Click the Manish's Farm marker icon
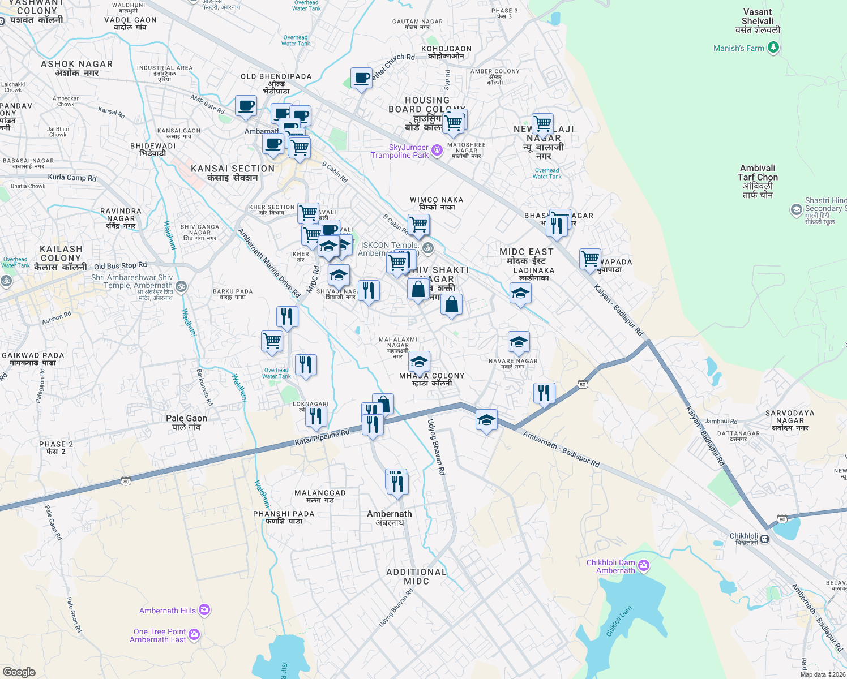tap(773, 48)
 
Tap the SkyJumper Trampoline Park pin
tap(437, 150)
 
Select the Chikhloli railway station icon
tap(765, 539)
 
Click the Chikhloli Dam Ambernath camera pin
tap(643, 566)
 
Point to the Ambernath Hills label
tap(168, 611)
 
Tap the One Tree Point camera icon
tap(194, 635)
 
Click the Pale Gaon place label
tap(186, 422)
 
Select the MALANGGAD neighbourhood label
tap(320, 496)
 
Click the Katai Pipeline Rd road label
tap(322, 437)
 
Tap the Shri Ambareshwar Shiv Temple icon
tap(181, 286)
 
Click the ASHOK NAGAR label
tap(77, 68)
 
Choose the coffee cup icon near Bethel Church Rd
tap(361, 78)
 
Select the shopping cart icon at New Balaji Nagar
tap(542, 123)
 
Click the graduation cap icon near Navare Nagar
tap(519, 342)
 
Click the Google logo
tap(19, 672)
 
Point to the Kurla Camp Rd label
tap(72, 178)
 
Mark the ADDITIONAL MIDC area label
tap(416, 576)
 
